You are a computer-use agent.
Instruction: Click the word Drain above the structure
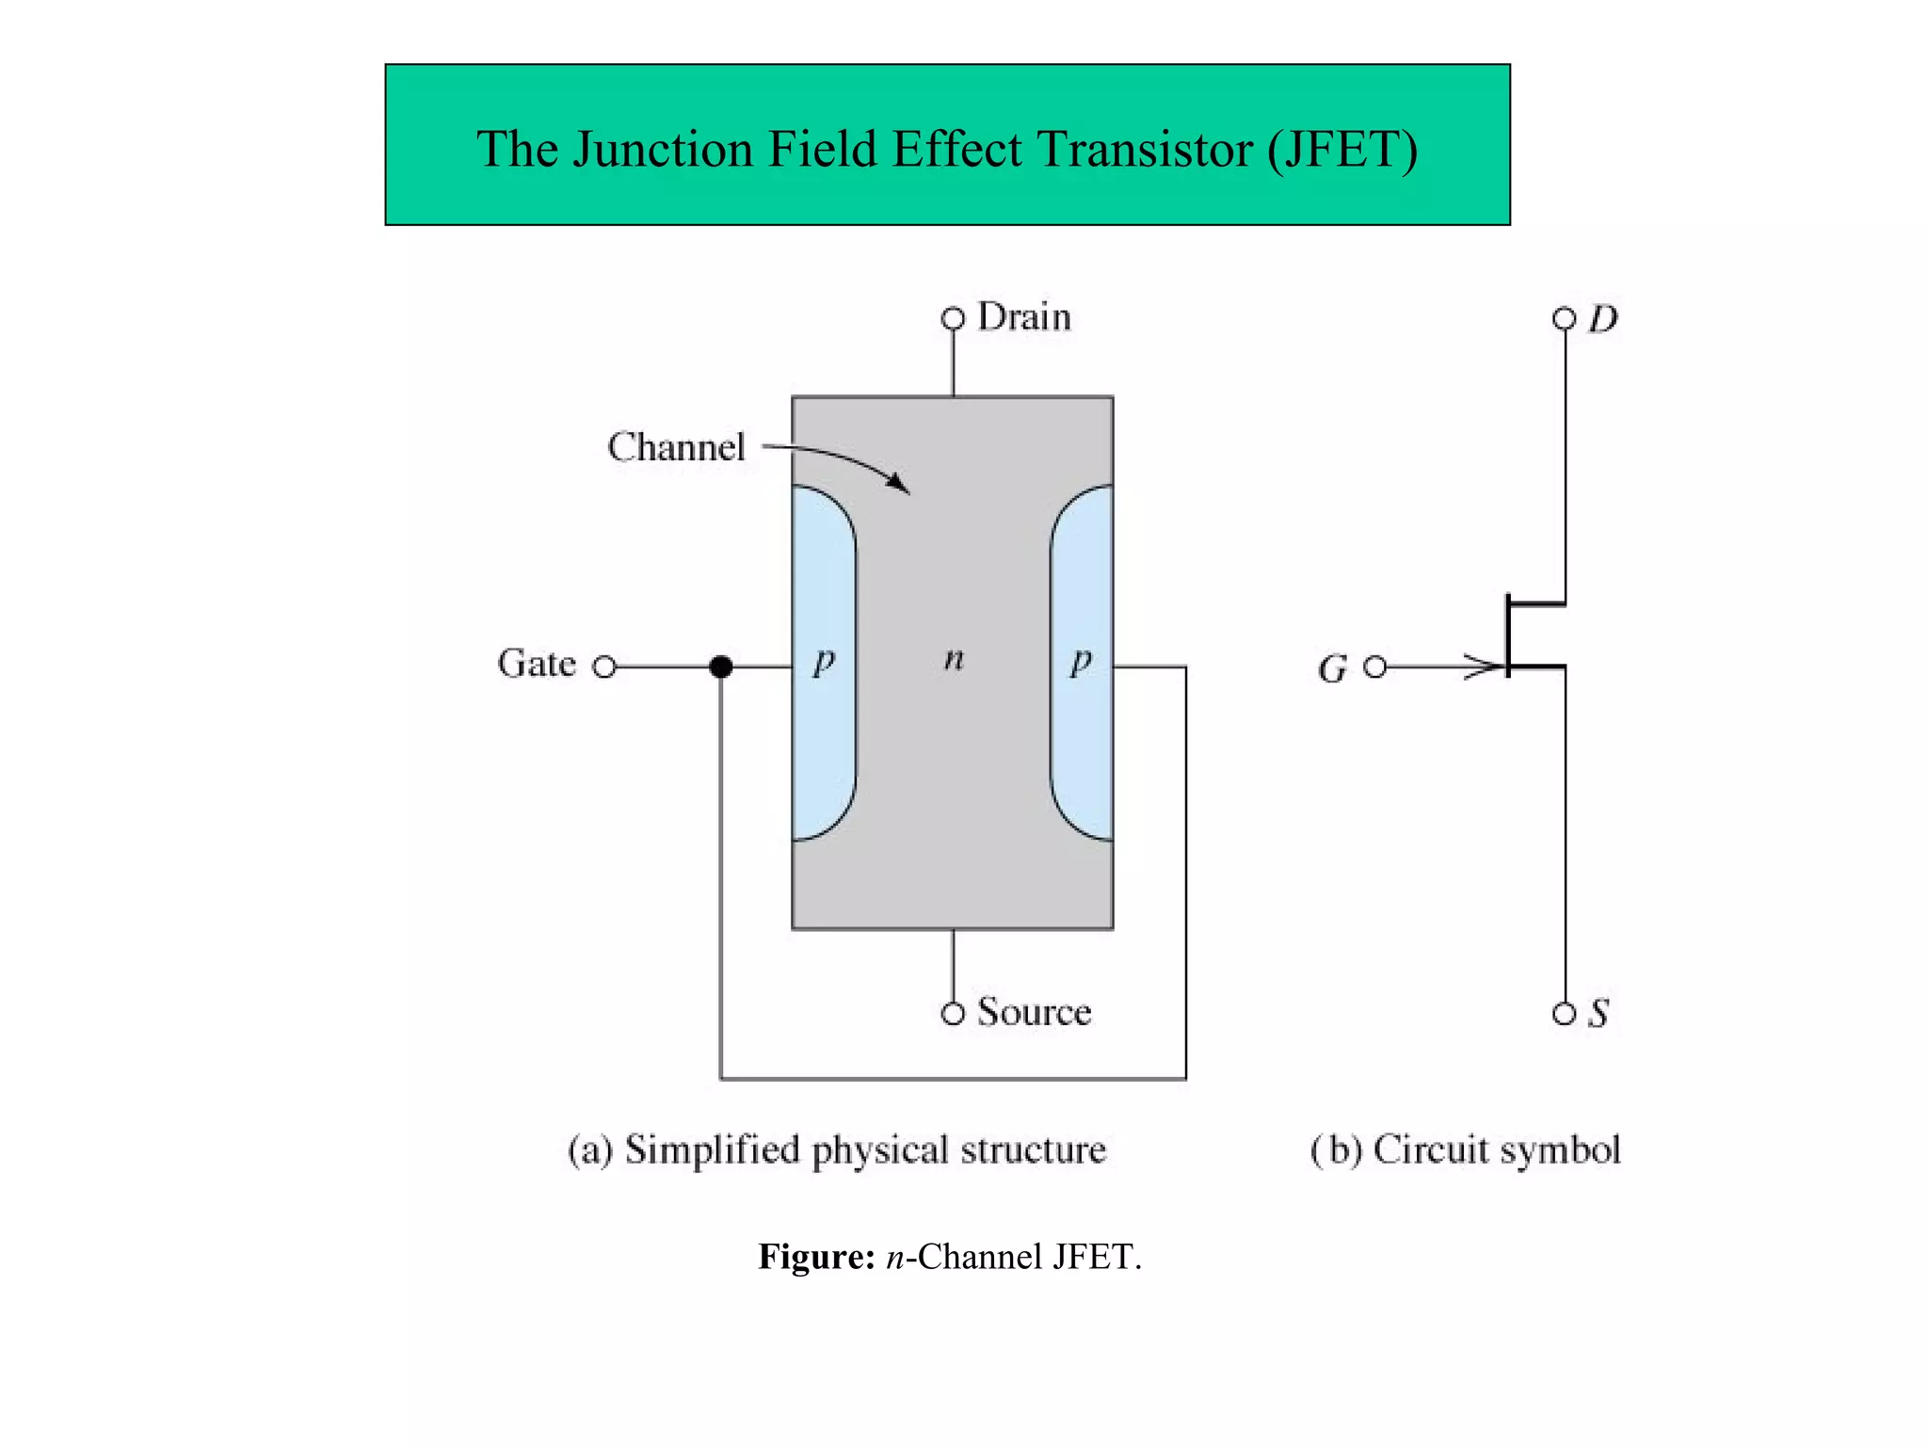[x=1024, y=317]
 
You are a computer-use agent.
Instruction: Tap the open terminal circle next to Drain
[x=953, y=319]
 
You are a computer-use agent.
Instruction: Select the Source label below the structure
[x=1034, y=1012]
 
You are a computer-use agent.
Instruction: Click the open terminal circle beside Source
[x=953, y=1014]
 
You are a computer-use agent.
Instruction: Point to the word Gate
[x=536, y=664]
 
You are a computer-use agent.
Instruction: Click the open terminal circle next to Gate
[x=604, y=667]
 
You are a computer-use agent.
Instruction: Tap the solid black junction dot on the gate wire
[x=721, y=667]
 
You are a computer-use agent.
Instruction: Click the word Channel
[x=676, y=447]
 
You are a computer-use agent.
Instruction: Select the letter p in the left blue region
[x=824, y=661]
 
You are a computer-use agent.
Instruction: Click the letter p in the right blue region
[x=1082, y=661]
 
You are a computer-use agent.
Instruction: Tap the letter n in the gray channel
[x=954, y=659]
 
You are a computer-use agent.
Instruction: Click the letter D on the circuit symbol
[x=1602, y=320]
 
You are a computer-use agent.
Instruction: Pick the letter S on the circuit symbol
[x=1599, y=1014]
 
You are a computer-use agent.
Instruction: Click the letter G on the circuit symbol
[x=1332, y=669]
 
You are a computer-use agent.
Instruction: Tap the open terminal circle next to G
[x=1375, y=667]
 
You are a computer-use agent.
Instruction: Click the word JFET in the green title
[x=1342, y=150]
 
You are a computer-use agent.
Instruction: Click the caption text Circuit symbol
[x=1497, y=1150]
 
